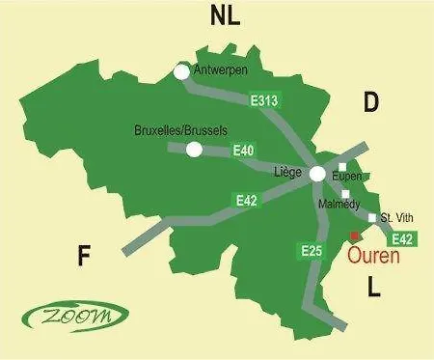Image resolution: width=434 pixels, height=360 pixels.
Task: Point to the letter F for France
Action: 84,256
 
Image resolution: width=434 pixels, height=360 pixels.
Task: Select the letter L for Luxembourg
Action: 374,287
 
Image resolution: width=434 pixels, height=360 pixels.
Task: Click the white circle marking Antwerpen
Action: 180,70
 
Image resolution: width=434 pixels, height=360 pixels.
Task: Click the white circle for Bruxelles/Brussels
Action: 194,149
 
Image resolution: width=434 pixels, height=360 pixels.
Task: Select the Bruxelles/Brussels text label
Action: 183,129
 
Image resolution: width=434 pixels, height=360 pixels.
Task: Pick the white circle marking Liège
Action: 316,175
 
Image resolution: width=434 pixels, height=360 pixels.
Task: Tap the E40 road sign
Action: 244,151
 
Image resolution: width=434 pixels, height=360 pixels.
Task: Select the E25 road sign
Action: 311,252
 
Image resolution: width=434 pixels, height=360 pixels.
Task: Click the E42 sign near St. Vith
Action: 405,238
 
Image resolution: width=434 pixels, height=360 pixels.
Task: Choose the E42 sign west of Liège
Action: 248,200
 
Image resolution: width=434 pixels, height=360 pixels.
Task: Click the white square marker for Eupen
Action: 341,167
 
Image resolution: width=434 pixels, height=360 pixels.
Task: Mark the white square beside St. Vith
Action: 372,218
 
